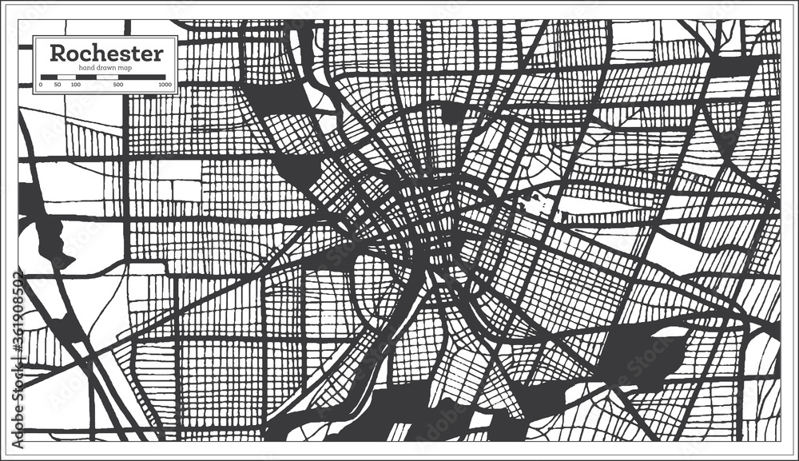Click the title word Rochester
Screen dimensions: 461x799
(x=105, y=54)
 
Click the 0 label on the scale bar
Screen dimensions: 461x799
(x=41, y=84)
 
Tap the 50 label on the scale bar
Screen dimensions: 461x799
(x=57, y=84)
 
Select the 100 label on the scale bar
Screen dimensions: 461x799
(x=75, y=84)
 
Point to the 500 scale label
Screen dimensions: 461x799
(x=118, y=84)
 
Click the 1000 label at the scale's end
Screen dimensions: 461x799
(x=165, y=84)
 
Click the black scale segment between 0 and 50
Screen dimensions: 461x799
(x=48, y=77)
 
